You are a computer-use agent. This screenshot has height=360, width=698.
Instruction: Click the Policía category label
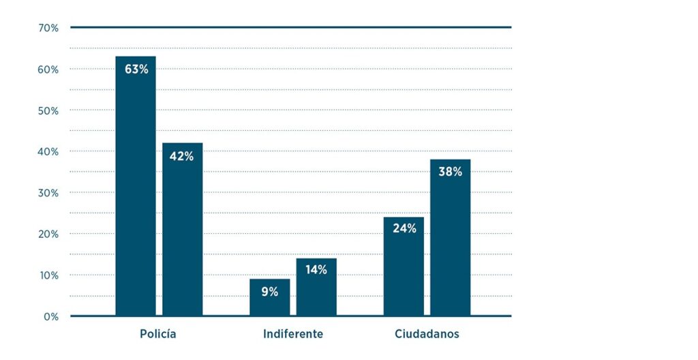point(158,334)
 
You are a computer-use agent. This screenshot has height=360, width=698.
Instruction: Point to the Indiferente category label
point(293,334)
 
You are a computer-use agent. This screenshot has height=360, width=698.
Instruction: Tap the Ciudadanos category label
point(427,334)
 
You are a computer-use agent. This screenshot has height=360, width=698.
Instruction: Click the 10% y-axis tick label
point(49,275)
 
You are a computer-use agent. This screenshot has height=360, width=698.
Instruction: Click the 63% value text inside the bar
point(136,69)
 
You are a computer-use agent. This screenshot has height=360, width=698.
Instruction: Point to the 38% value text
point(450,172)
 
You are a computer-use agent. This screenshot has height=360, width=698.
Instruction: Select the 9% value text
point(269,292)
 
